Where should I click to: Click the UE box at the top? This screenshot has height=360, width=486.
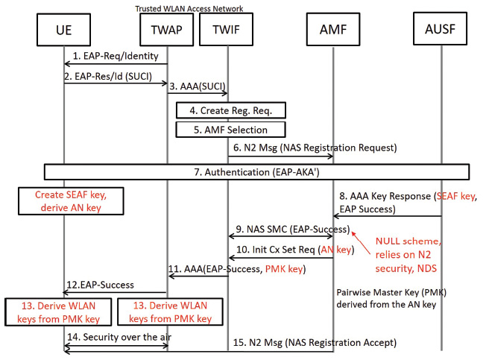(x=64, y=32)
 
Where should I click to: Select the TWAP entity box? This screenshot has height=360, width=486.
(x=167, y=32)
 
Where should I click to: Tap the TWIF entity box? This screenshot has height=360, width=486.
(x=228, y=32)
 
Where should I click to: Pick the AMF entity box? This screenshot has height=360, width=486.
(x=332, y=32)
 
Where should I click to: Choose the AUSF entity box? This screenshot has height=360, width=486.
(x=441, y=32)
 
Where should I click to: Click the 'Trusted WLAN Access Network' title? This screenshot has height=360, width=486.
(x=189, y=8)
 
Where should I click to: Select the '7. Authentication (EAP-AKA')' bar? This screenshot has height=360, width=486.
(x=257, y=172)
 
